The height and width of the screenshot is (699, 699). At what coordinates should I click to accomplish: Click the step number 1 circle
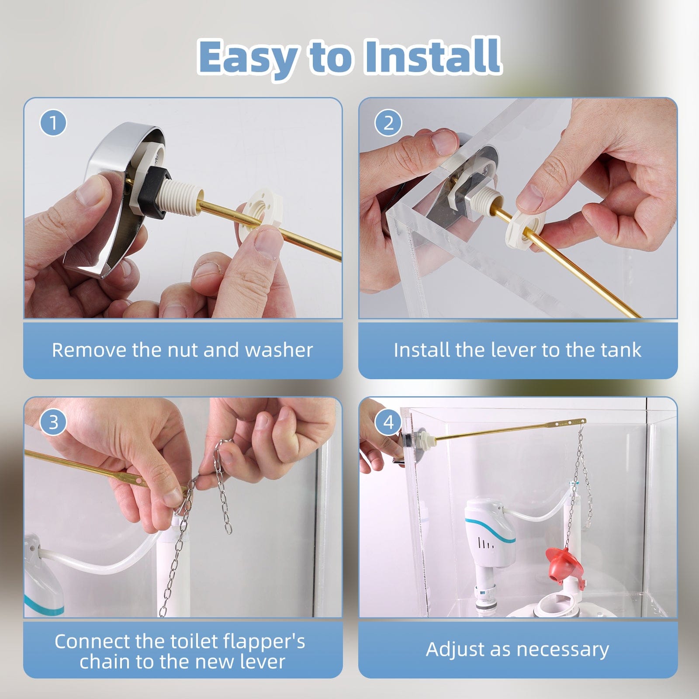point(53,123)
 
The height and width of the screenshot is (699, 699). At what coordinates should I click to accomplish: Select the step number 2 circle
point(388,123)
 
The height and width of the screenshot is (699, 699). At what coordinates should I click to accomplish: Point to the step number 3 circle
point(53,422)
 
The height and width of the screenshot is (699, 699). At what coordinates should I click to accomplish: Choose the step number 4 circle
point(388,422)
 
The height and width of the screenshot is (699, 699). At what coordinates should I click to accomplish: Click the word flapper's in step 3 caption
point(264,641)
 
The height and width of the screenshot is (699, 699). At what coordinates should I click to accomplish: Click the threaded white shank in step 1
point(183,197)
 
